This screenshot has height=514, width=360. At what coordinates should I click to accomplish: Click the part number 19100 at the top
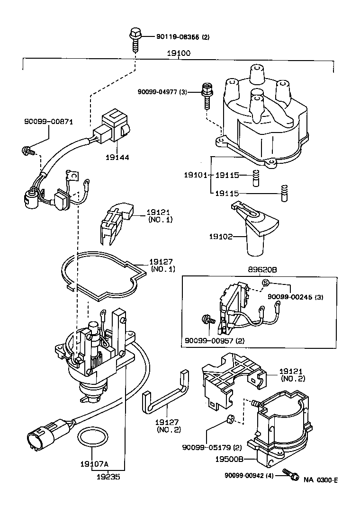178,53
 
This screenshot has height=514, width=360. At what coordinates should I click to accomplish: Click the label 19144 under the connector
118,157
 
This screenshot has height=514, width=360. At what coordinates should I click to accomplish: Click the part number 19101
196,175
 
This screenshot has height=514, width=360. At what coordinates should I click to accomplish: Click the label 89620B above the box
262,269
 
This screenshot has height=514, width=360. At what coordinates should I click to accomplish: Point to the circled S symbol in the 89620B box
266,283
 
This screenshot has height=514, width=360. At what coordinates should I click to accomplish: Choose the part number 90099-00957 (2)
211,340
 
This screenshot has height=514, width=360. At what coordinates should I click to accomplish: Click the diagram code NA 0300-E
321,479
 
